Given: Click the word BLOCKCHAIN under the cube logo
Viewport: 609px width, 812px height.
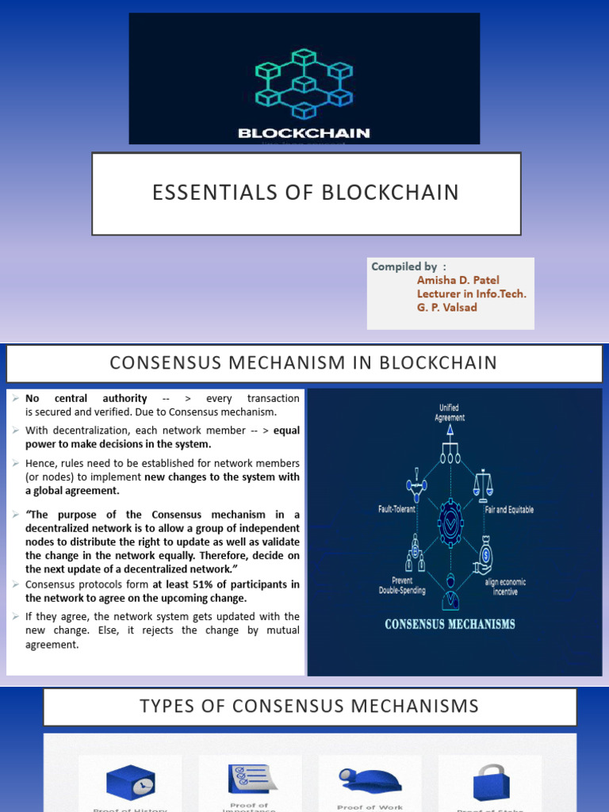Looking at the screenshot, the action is (304, 133).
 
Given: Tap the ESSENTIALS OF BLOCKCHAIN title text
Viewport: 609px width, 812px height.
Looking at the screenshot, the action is (306, 193).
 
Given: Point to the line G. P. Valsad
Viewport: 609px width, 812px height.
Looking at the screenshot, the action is (446, 308).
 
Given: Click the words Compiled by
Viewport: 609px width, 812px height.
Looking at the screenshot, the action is (403, 266).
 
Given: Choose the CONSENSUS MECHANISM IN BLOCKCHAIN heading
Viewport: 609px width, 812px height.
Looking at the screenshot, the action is (304, 363).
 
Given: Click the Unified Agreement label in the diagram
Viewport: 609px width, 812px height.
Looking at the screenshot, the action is (449, 412).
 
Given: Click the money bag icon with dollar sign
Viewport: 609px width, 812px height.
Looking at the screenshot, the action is (484, 556).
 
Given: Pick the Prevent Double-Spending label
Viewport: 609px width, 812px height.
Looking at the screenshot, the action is (402, 585).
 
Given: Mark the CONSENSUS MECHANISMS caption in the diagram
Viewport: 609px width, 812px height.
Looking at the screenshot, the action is (450, 624).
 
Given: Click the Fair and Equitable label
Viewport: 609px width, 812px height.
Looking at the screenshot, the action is (509, 509).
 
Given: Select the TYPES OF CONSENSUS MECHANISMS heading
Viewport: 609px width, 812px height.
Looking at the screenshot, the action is (309, 707).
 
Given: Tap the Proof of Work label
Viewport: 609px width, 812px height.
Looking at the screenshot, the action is (370, 807).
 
